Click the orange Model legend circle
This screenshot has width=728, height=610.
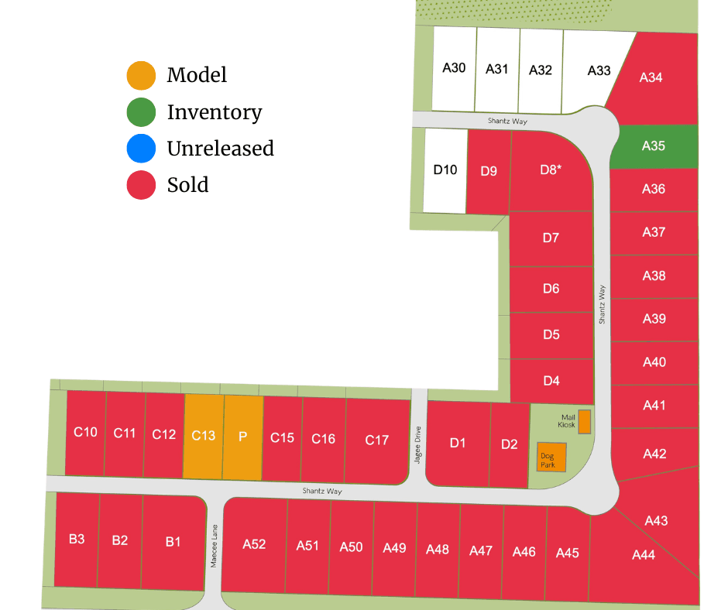[141, 75]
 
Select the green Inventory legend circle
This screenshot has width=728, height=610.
[141, 112]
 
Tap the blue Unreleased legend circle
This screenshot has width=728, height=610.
[141, 148]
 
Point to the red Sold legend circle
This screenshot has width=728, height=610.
[141, 185]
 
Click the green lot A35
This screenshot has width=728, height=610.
[654, 146]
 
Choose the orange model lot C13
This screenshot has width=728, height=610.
[203, 437]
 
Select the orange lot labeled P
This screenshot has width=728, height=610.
[242, 437]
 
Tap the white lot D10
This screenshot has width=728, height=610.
[445, 170]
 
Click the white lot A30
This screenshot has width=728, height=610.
[454, 68]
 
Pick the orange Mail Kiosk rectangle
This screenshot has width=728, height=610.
[585, 422]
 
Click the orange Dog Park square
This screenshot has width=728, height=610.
[551, 457]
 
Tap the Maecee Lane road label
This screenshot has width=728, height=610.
[214, 548]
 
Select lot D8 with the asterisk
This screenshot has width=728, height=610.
[550, 170]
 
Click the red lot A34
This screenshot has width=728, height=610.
[651, 77]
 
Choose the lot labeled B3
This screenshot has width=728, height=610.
[77, 540]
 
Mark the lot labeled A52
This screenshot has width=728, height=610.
[254, 544]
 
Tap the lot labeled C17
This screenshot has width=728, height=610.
[376, 440]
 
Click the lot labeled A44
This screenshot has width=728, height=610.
[643, 555]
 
